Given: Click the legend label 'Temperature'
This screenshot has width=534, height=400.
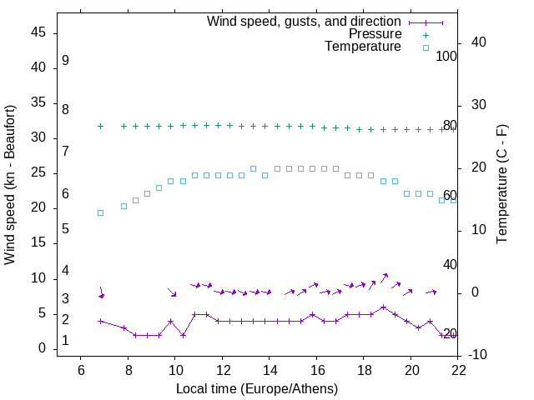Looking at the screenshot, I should (x=363, y=47).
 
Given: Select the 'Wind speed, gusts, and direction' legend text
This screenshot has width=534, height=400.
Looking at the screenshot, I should (x=304, y=21).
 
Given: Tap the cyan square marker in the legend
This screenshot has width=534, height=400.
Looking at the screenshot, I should (x=426, y=47).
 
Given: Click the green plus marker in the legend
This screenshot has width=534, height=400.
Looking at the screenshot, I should (x=426, y=34).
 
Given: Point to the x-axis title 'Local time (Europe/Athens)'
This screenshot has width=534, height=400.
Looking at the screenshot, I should (x=258, y=389).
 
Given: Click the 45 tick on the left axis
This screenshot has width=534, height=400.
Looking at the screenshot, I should (x=38, y=32).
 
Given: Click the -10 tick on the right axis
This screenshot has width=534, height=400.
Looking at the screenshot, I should (x=480, y=355).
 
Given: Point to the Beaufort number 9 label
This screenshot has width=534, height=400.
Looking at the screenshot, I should (x=65, y=61).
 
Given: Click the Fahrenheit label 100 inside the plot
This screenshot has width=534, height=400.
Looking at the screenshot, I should (x=446, y=57).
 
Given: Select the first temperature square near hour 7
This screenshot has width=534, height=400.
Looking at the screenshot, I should (x=100, y=212).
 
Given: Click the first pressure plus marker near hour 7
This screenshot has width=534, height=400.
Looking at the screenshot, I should (x=100, y=126).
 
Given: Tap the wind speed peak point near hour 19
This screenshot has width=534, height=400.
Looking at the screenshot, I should (x=383, y=307).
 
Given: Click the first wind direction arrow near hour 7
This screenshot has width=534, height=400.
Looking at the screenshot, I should (x=101, y=292).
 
